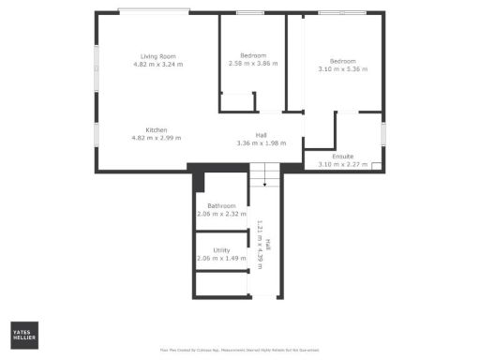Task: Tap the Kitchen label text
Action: [156, 129]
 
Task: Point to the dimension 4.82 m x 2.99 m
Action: [156, 138]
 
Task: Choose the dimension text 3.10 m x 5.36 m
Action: [342, 69]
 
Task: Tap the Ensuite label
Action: [342, 157]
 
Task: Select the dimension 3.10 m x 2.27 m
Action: [342, 165]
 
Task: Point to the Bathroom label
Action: [222, 206]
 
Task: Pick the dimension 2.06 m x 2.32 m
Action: [222, 215]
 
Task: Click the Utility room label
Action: [221, 250]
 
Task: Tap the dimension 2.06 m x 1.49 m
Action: [221, 259]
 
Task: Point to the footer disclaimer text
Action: [240, 351]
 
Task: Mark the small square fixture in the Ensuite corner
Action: [376, 167]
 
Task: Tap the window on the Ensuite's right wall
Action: [383, 132]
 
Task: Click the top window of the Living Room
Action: [155, 11]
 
